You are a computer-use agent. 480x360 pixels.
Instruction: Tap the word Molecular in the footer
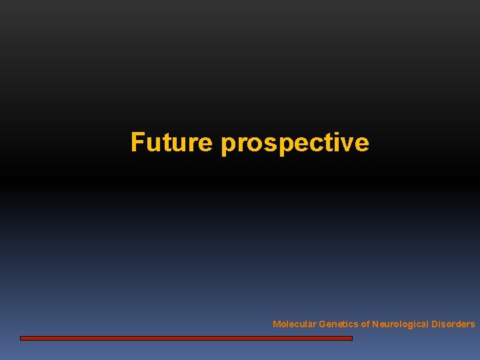294,325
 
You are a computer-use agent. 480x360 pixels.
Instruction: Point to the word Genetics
338,325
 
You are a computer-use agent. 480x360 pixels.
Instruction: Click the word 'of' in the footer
365,325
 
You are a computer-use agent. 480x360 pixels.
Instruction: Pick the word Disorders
453,325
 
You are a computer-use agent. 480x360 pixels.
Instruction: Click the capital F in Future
137,142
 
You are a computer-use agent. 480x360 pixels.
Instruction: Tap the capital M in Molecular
277,325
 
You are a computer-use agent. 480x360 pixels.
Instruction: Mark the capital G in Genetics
323,325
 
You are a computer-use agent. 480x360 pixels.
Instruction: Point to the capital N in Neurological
375,325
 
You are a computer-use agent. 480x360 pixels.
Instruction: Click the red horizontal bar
186,338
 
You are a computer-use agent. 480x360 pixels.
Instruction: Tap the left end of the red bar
22,338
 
